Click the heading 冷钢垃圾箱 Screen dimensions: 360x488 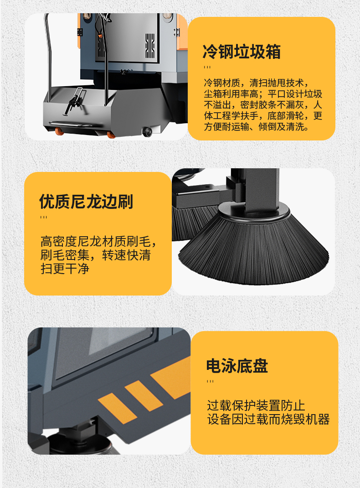(x=241, y=52)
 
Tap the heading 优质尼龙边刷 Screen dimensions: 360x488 (x=86, y=202)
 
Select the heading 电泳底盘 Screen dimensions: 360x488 (x=237, y=366)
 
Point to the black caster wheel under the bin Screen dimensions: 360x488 (x=147, y=131)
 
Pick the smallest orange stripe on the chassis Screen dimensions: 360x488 (x=117, y=408)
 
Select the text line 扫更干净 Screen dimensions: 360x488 (x=65, y=269)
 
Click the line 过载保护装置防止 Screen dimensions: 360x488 (x=256, y=405)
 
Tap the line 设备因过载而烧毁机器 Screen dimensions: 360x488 (x=268, y=419)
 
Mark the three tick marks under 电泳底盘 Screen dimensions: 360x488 (x=210, y=382)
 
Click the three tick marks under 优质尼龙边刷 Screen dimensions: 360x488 (x=44, y=218)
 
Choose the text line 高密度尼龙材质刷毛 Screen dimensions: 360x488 (x=96, y=242)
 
